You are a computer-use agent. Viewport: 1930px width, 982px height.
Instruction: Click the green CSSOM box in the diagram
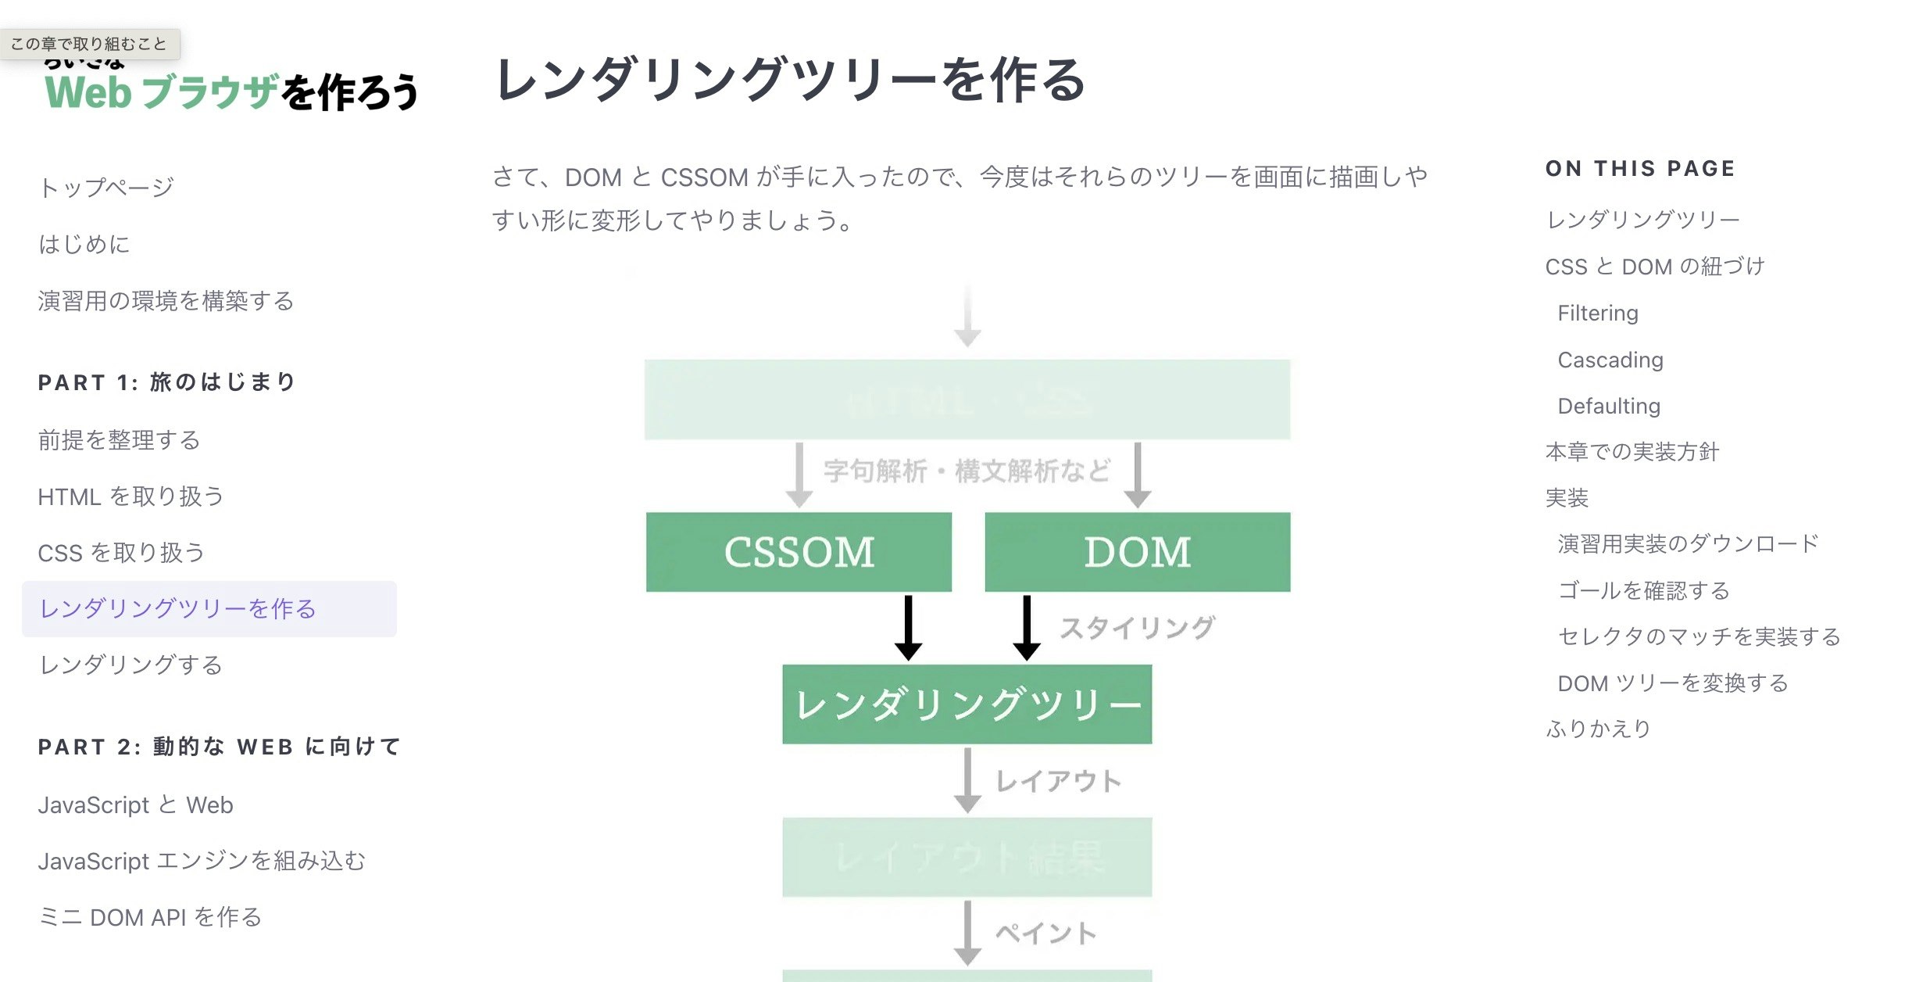tap(799, 552)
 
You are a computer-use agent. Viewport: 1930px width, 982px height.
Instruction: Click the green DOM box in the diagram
tap(1137, 552)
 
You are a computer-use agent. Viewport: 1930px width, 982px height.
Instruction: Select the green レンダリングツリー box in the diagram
tap(967, 704)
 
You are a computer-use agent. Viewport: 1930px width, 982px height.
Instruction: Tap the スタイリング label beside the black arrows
tap(1137, 628)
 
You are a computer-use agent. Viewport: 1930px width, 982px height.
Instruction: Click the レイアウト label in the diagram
tap(1059, 781)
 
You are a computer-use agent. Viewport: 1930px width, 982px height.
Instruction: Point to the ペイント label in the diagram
tap(1046, 934)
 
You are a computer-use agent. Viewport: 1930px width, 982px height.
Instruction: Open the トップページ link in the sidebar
tap(106, 188)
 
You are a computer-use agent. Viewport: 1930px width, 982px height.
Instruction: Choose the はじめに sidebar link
tap(84, 245)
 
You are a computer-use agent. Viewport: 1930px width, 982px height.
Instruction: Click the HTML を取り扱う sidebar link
tap(130, 496)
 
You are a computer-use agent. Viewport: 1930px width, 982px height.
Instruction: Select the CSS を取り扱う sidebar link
tap(121, 553)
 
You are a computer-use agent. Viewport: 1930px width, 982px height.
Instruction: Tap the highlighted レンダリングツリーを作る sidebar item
tap(178, 609)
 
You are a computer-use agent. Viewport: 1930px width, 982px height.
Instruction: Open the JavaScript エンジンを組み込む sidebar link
tap(202, 861)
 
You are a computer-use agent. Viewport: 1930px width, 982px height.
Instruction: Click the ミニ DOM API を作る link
tap(149, 917)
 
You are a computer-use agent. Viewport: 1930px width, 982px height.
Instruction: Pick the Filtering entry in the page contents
tap(1597, 314)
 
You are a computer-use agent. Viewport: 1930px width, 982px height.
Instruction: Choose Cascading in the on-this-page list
tap(1610, 360)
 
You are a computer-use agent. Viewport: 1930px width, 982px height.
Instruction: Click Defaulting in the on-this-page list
tap(1608, 406)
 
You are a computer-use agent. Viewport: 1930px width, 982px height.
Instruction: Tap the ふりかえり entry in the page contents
tap(1598, 729)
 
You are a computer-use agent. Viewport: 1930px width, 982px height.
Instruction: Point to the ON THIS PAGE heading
tap(1640, 169)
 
